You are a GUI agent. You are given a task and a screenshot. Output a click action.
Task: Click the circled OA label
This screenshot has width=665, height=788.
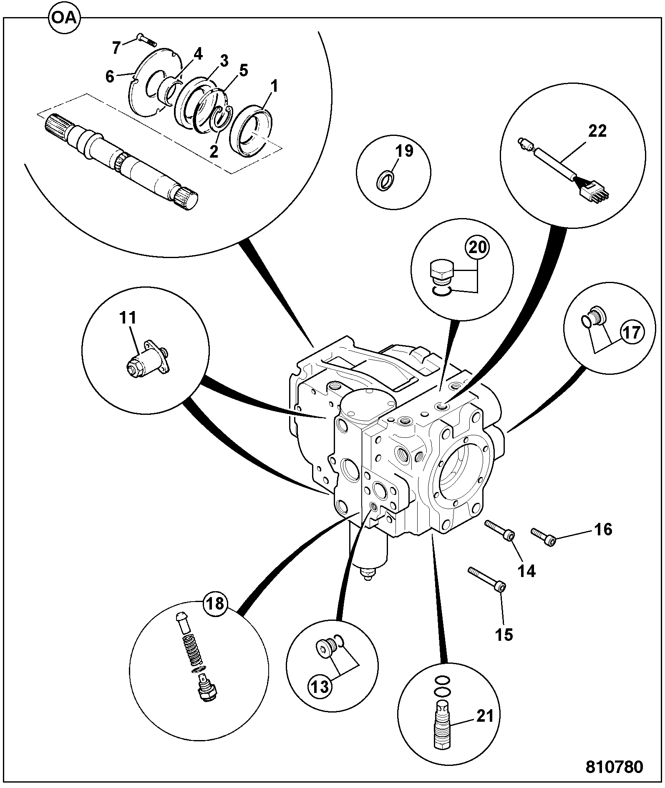tap(65, 18)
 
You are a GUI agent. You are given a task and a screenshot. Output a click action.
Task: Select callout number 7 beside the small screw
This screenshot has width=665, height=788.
tap(116, 48)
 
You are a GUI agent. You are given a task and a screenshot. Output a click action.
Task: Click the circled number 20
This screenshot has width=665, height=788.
tap(478, 248)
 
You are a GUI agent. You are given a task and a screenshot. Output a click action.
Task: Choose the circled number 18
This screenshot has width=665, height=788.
tap(216, 604)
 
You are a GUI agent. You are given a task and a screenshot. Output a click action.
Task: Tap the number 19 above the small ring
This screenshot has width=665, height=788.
tap(404, 151)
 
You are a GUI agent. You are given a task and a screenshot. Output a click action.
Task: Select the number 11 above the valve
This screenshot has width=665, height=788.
tap(128, 318)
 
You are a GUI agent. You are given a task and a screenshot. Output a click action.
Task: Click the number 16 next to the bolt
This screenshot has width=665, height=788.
tap(602, 530)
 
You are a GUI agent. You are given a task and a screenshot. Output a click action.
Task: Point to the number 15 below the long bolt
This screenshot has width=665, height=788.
tap(504, 635)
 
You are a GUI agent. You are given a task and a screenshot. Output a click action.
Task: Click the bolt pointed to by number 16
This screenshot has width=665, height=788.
tap(544, 537)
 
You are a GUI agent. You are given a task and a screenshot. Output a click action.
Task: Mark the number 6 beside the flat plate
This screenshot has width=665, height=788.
tap(109, 77)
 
